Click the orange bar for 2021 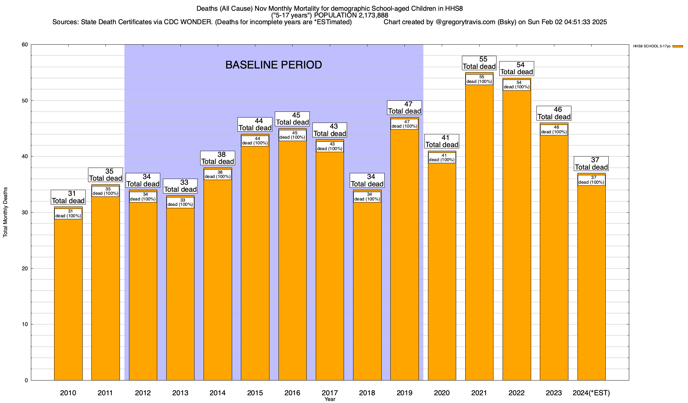click(x=479, y=235)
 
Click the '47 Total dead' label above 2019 click(x=404, y=108)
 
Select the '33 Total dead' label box click(x=180, y=186)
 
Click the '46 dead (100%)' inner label click(x=554, y=130)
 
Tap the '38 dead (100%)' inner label click(x=218, y=174)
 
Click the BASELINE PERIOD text click(x=273, y=65)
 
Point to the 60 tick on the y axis click(x=24, y=45)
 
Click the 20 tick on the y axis click(x=24, y=268)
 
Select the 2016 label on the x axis click(x=292, y=393)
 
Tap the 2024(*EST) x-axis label click(x=591, y=393)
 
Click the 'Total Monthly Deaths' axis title click(x=5, y=212)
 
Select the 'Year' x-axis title click(x=330, y=399)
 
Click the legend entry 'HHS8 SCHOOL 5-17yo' click(x=652, y=46)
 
